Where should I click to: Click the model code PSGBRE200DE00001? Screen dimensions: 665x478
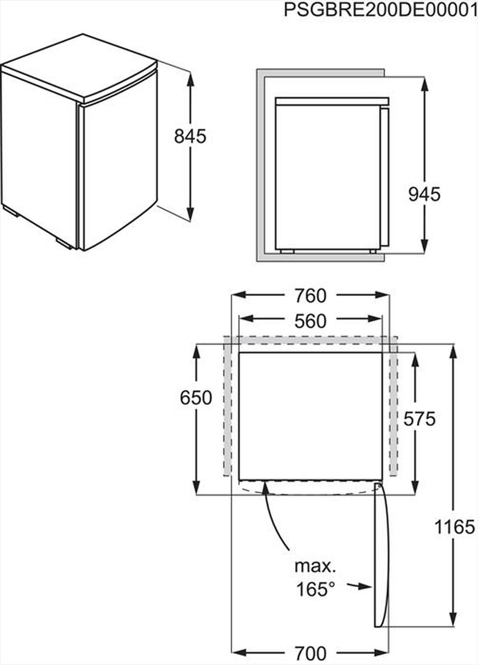[380, 10]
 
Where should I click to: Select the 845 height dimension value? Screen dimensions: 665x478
[190, 136]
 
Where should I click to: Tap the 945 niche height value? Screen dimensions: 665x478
[424, 194]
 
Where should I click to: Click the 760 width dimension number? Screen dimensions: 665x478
[310, 296]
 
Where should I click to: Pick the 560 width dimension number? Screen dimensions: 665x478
[310, 321]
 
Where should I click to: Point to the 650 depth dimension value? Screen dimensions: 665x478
[196, 397]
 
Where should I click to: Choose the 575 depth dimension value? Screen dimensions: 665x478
[419, 419]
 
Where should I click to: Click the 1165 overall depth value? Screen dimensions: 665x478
[455, 527]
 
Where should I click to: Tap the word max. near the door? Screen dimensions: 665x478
[315, 566]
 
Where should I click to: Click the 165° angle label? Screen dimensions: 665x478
[315, 589]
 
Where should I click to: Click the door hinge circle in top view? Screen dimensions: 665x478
[379, 486]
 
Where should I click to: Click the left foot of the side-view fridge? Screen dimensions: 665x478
[287, 251]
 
